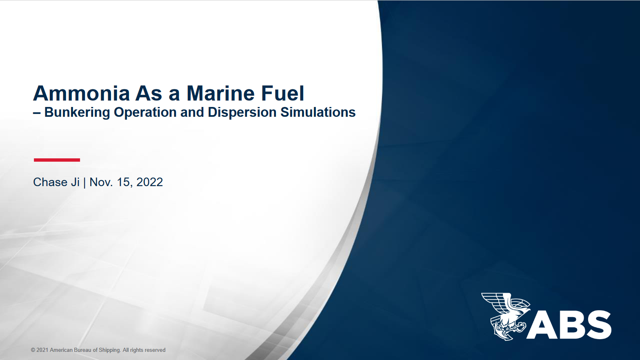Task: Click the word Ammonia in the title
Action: point(81,93)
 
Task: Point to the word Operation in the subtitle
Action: point(145,112)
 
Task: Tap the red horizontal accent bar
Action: point(57,160)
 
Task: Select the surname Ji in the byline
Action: point(75,182)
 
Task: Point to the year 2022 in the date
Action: point(149,182)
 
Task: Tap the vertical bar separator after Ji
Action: point(84,182)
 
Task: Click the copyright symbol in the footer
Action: point(33,350)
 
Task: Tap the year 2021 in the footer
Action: point(42,350)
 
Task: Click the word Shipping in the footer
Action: point(109,350)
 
